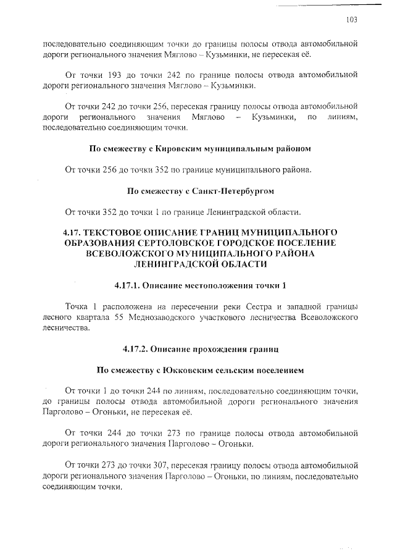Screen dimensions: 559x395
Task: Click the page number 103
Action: click(x=352, y=20)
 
